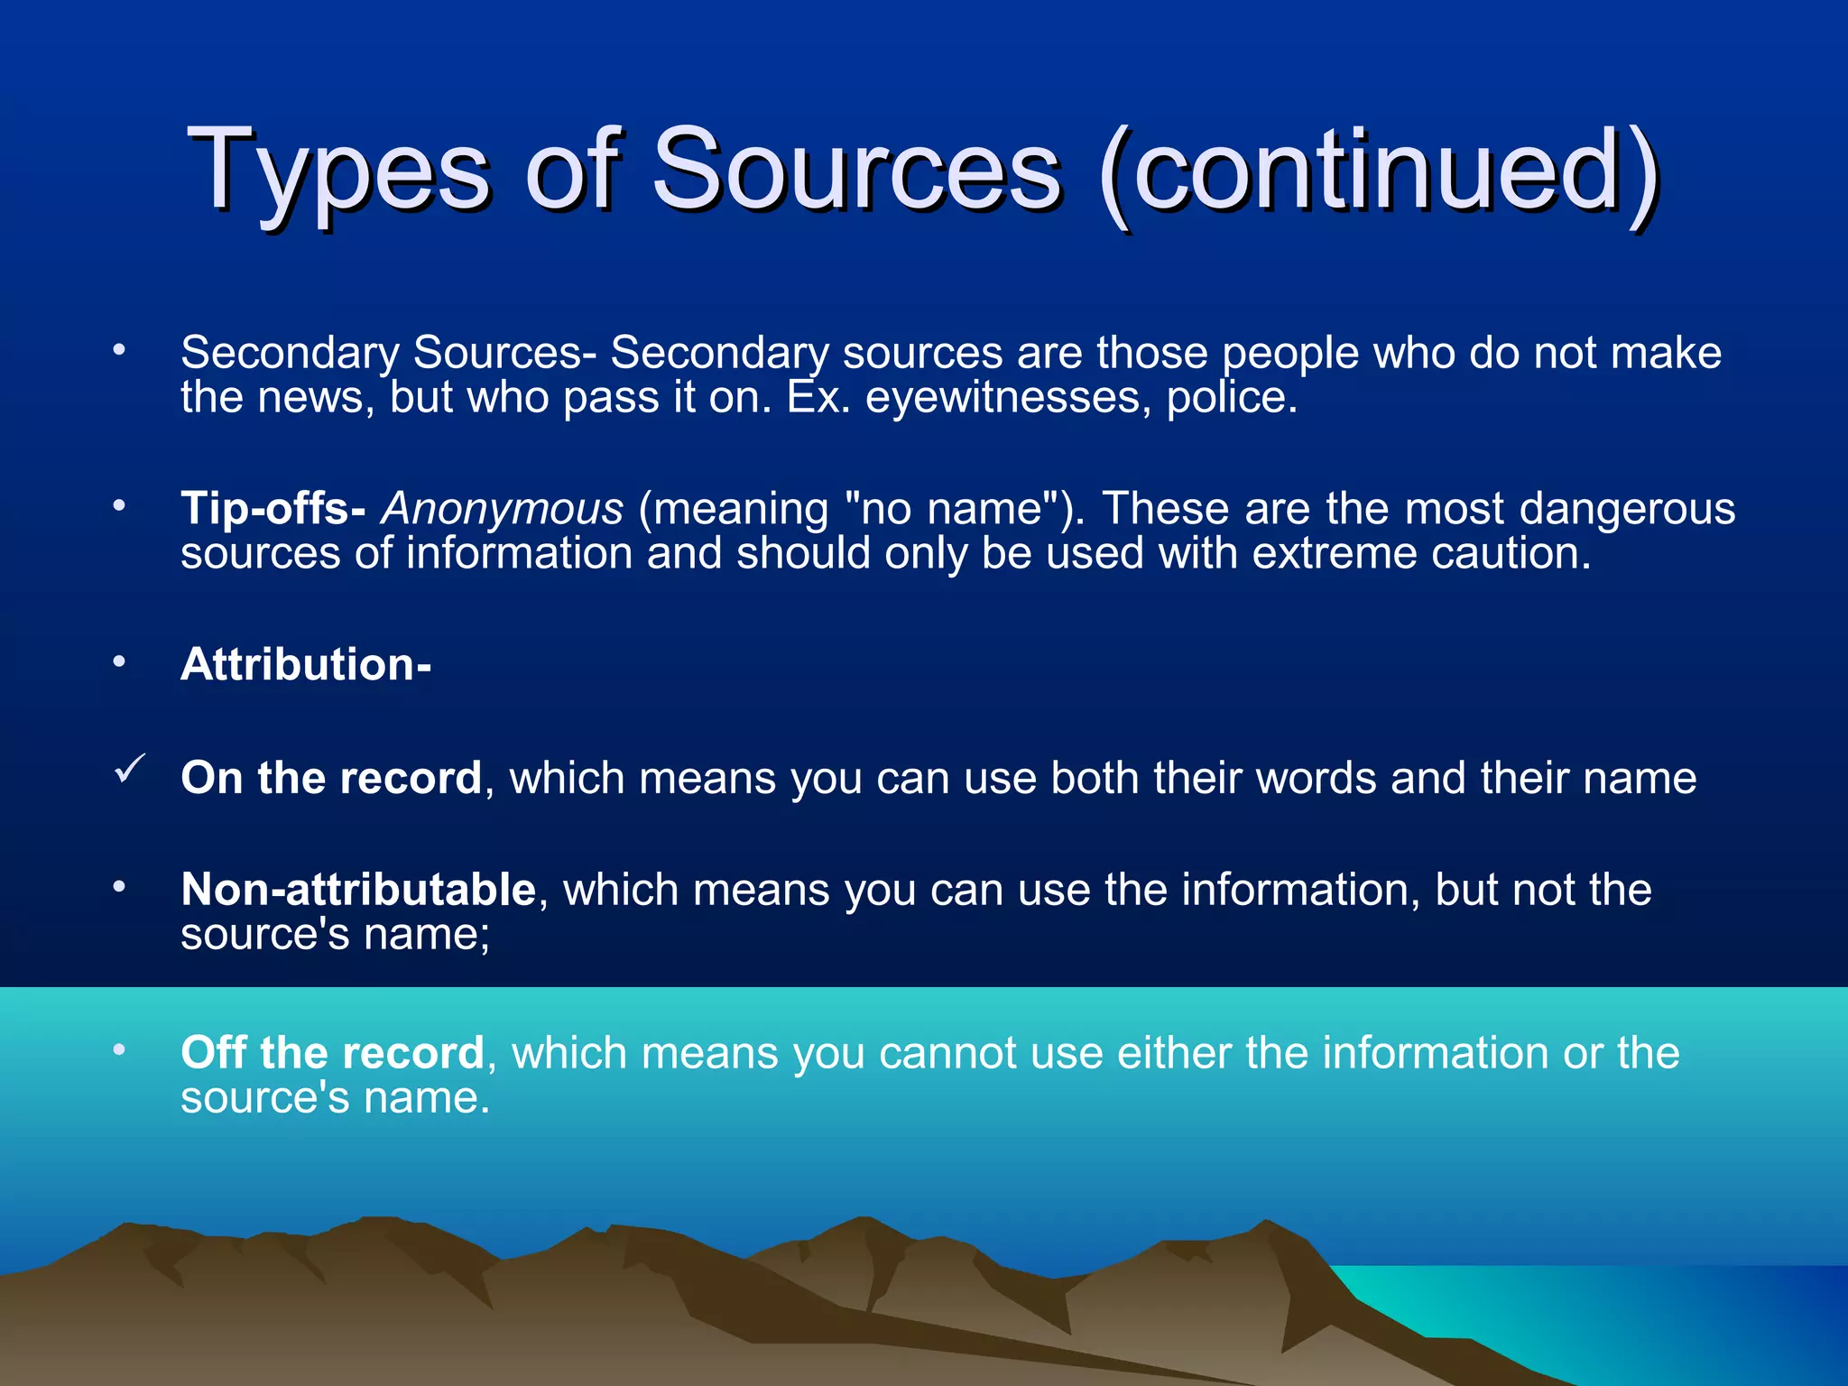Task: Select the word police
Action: pos(1232,398)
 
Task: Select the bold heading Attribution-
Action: pos(306,665)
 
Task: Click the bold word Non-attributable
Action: pos(358,890)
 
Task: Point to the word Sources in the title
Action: pos(855,171)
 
